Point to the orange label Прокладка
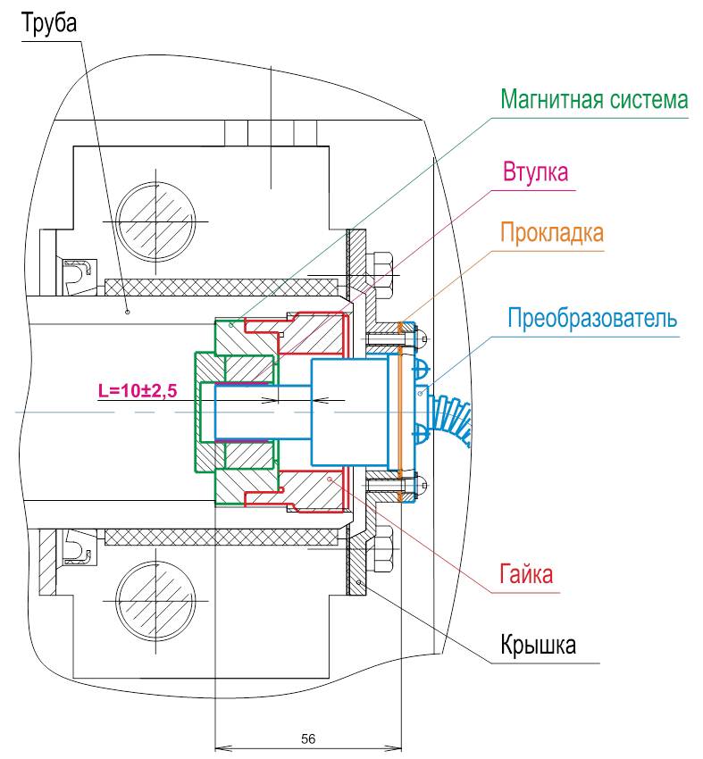[x=552, y=233]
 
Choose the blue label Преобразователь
[x=592, y=317]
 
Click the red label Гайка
[x=526, y=574]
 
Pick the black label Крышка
[x=537, y=646]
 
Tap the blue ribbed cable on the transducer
[x=451, y=419]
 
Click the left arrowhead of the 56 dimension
[x=222, y=746]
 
